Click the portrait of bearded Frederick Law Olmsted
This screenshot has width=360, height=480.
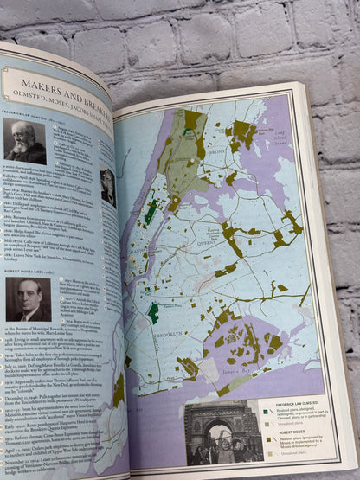pos(24,140)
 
